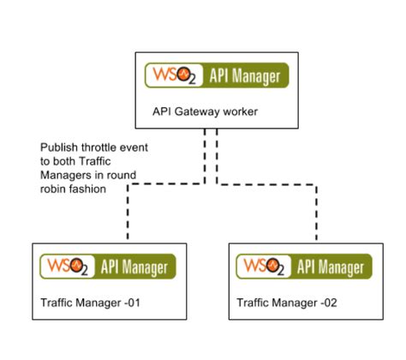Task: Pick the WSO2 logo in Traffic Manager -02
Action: click(260, 267)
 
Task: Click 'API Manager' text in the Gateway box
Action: click(244, 76)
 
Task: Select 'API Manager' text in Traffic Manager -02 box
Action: click(330, 267)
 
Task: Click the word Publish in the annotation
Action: click(56, 147)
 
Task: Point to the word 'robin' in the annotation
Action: click(54, 189)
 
